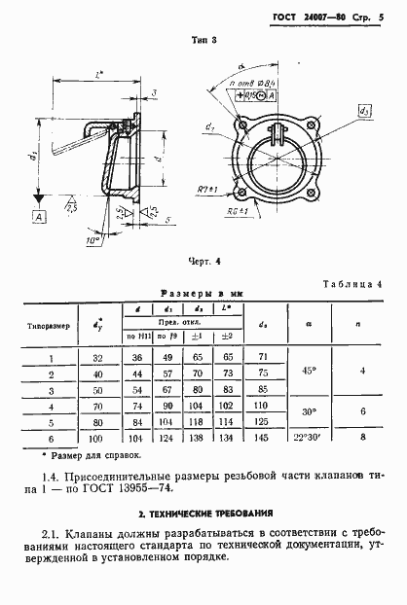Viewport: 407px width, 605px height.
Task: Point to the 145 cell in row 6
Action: point(258,440)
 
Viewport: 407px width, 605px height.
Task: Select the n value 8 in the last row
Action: point(361,440)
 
